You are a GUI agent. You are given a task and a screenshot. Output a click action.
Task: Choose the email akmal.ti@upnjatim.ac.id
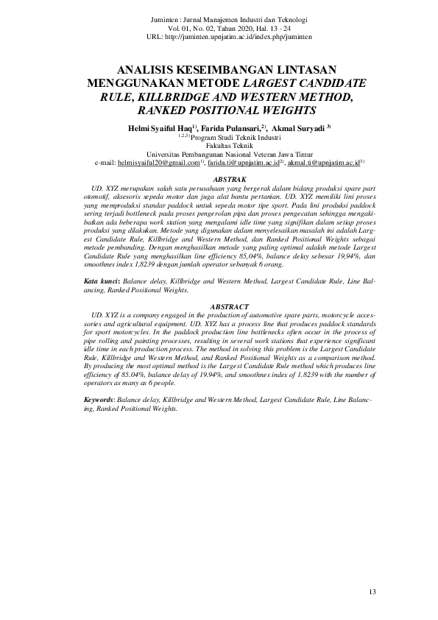(322, 162)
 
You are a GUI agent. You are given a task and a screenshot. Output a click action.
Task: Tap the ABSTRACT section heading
(227, 306)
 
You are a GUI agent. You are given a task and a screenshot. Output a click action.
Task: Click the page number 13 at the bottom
(372, 592)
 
